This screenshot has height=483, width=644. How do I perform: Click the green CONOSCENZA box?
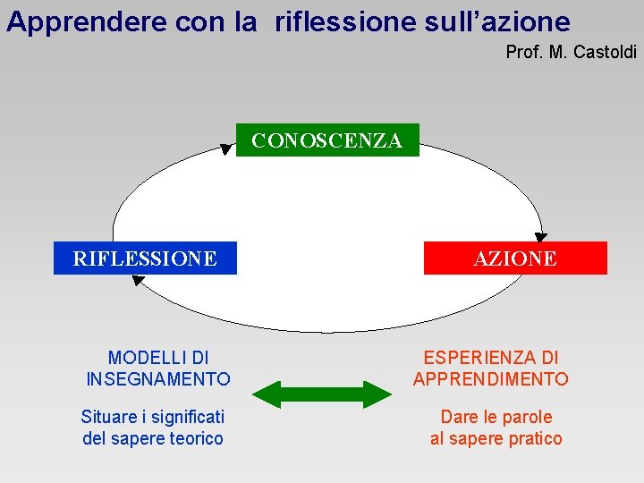point(327,140)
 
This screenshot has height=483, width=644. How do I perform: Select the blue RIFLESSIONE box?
point(145,258)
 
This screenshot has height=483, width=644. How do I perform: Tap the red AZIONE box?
point(514,258)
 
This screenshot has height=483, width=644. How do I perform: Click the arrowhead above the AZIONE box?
point(541,236)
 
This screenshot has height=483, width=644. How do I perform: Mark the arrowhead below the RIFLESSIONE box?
point(138,280)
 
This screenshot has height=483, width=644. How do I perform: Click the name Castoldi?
point(605,53)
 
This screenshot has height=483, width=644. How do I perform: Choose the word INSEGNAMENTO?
point(158,379)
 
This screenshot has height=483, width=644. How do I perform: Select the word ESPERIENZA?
point(479,359)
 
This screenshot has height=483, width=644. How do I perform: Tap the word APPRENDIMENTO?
point(491,379)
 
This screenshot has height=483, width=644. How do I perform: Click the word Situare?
point(109,417)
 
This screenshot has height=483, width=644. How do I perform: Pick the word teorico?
point(196,438)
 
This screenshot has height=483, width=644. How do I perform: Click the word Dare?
point(458,417)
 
